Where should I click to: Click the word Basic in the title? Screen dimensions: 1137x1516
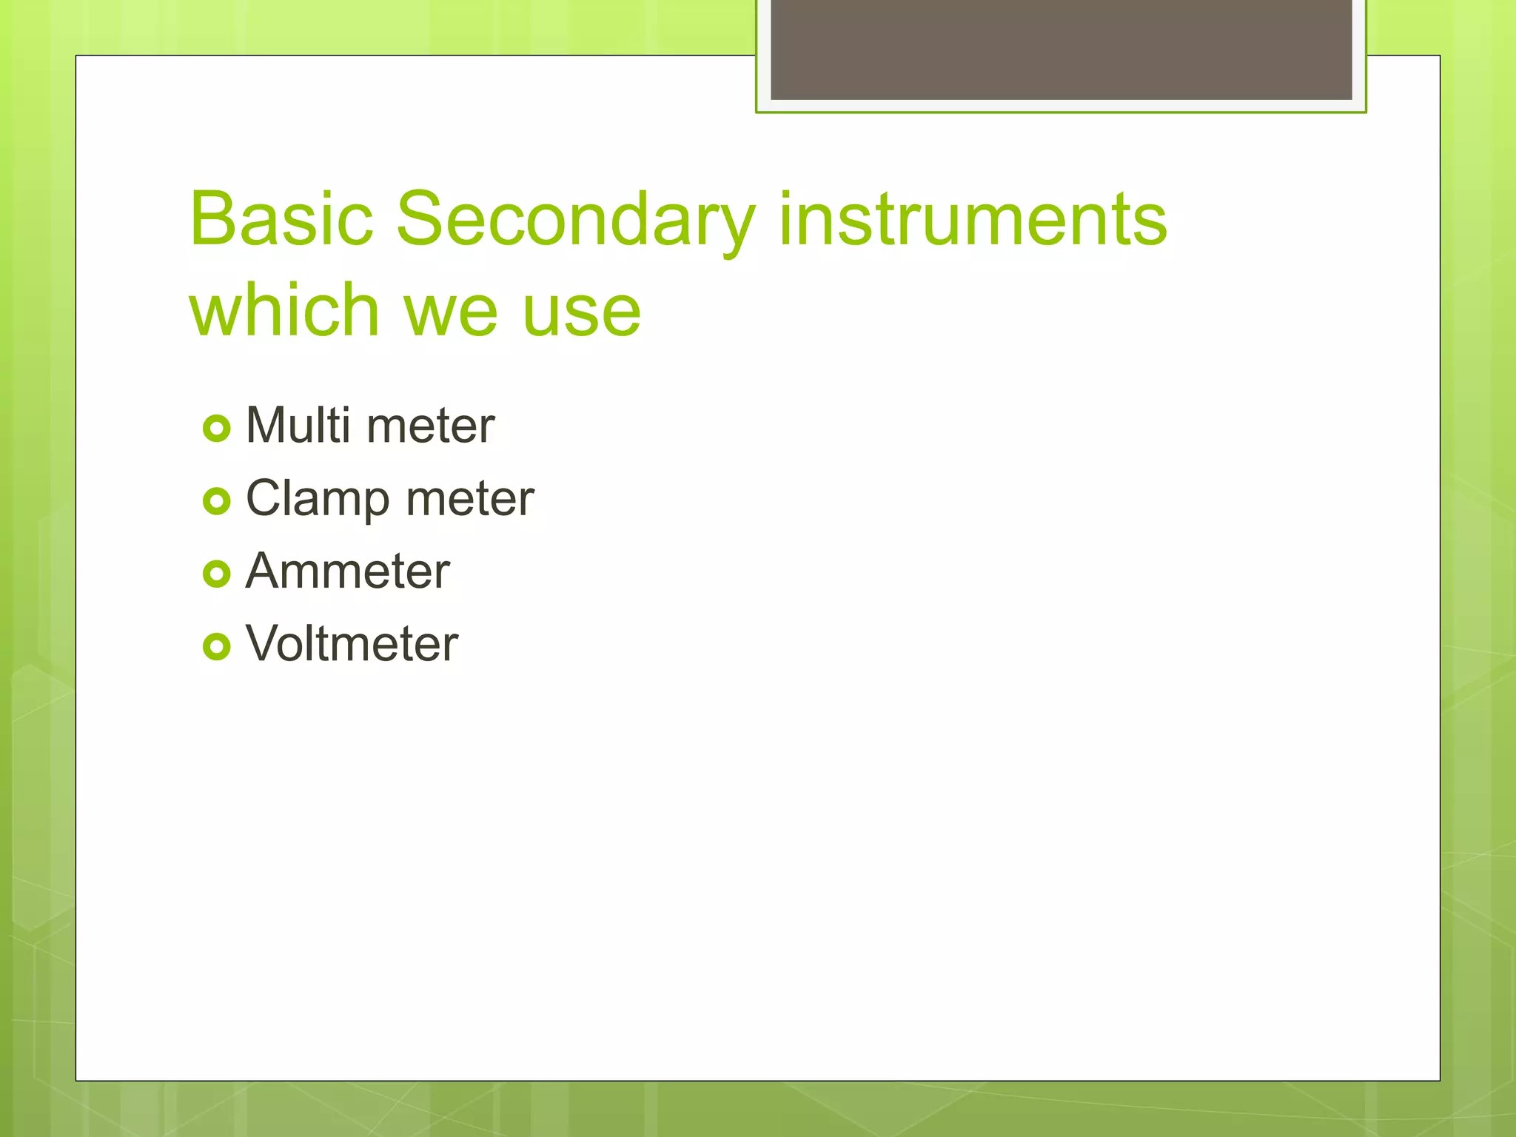point(281,219)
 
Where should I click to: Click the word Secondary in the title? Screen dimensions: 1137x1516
point(576,221)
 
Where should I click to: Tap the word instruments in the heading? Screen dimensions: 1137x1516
point(973,219)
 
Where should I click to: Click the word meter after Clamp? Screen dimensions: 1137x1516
point(470,499)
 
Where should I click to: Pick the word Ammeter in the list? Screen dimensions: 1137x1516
point(347,571)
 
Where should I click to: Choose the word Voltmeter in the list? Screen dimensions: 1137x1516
point(352,643)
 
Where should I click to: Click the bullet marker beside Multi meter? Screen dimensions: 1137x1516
point(217,429)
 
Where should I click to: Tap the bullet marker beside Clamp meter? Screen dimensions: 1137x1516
point(217,501)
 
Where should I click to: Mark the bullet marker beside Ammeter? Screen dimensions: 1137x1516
point(217,574)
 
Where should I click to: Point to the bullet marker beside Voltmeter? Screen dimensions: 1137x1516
point(217,646)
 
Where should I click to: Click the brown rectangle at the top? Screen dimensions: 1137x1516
point(1061,49)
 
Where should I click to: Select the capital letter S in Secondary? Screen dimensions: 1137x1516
point(421,219)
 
